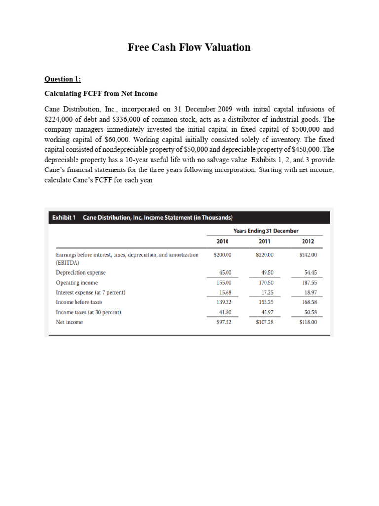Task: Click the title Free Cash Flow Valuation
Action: [189, 47]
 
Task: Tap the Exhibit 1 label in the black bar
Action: [64, 218]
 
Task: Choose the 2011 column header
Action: [265, 241]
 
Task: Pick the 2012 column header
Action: [308, 241]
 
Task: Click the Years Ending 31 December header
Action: [265, 231]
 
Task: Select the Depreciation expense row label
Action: [80, 272]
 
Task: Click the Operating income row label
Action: [76, 282]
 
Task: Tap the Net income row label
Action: [70, 322]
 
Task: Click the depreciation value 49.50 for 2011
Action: [265, 272]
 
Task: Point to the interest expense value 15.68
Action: [225, 292]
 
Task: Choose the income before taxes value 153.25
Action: [265, 302]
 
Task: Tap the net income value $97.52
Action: [223, 322]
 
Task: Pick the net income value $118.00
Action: [308, 322]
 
